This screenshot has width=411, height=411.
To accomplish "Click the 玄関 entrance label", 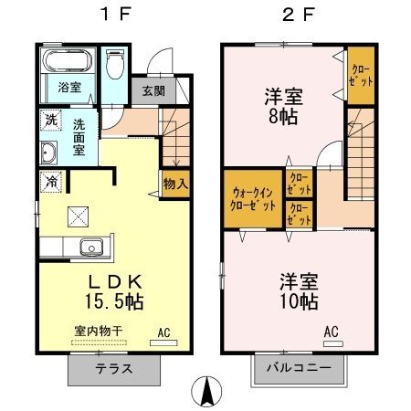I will coord(153,92).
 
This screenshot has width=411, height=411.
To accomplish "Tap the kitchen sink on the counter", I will coord(90,247).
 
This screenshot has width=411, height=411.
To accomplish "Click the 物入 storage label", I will coord(175,184).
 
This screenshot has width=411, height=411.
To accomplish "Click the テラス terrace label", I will coord(114,370).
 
